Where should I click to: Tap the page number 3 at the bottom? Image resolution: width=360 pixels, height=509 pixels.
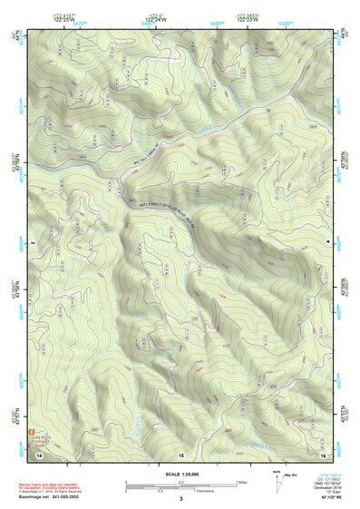180,499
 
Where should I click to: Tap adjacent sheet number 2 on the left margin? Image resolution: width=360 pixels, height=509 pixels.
33,244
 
